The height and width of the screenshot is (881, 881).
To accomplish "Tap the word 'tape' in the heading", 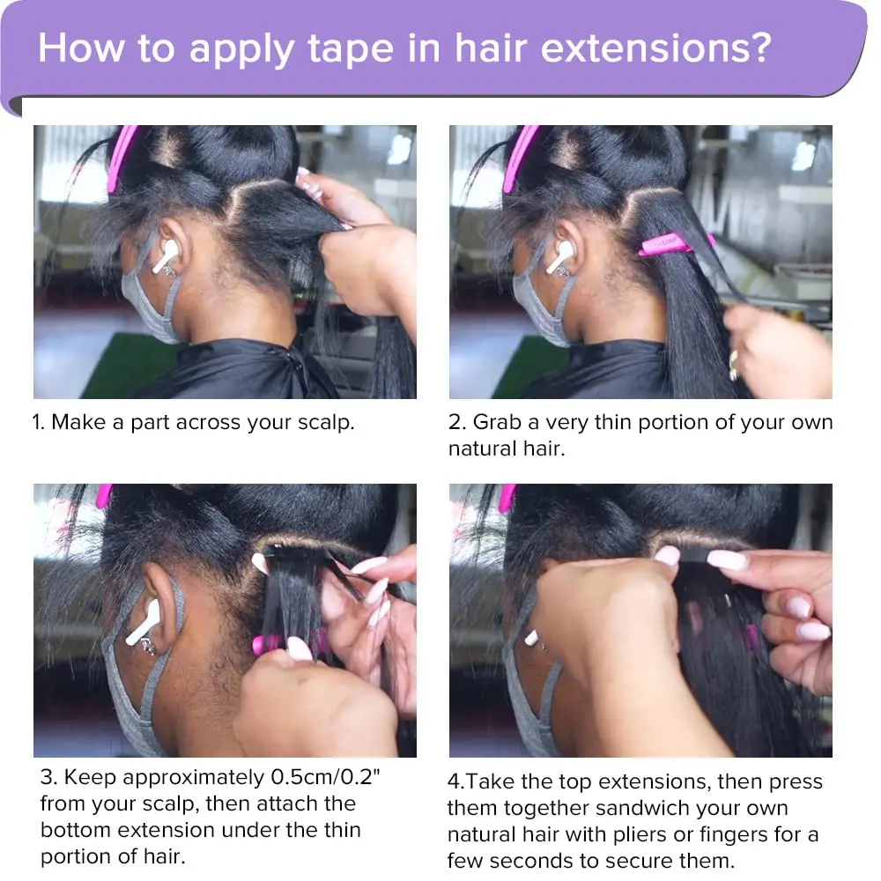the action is [x=351, y=49].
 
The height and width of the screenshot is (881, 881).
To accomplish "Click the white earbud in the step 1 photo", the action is [x=166, y=256].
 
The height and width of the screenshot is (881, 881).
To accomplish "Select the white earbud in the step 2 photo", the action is [x=559, y=256].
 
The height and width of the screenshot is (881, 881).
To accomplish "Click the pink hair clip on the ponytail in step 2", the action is [x=676, y=244].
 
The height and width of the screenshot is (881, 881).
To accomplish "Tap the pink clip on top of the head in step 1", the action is [x=119, y=159].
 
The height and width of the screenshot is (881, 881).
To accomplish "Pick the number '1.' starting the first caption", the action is [x=38, y=422].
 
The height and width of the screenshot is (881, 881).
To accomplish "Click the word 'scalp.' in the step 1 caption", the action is [x=326, y=423].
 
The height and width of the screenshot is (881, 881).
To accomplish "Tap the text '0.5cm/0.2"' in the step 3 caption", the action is [x=325, y=777].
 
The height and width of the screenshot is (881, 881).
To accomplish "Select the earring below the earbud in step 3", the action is [x=147, y=648].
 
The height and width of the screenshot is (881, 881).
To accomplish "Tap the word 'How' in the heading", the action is [x=81, y=48].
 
